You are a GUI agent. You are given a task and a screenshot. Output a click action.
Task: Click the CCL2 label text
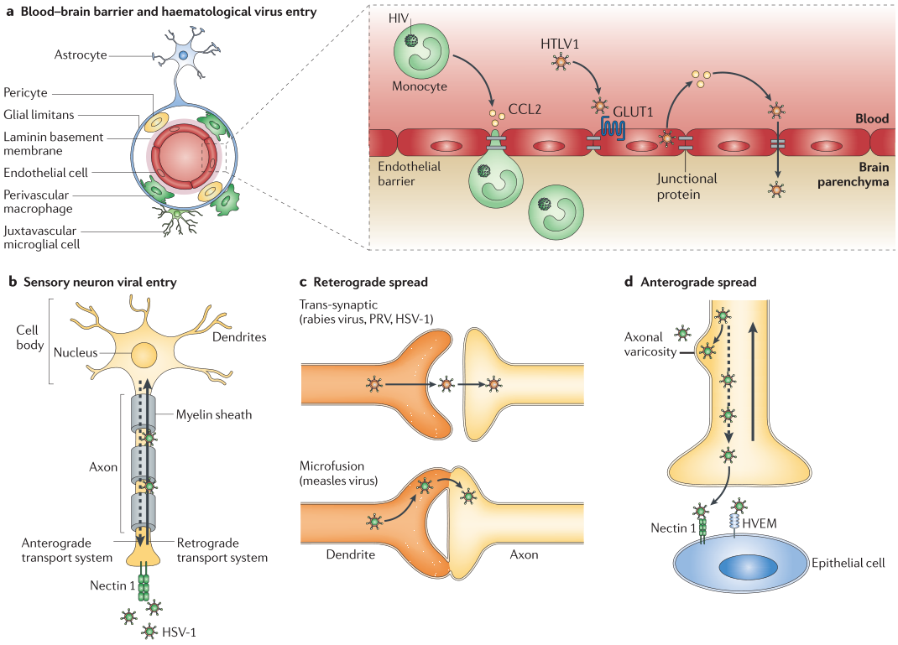[x=526, y=109]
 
